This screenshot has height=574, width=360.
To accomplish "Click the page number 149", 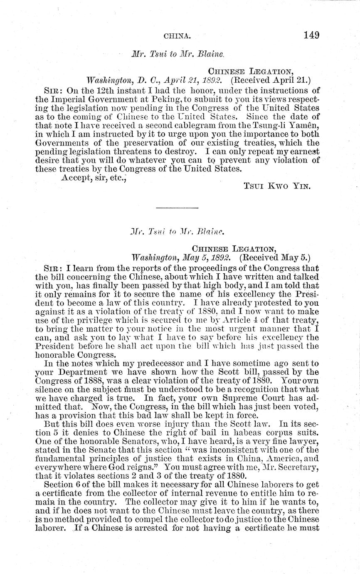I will click(x=311, y=35).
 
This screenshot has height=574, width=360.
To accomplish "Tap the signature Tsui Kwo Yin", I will click(x=277, y=187).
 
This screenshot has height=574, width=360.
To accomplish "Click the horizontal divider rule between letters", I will click(x=177, y=208).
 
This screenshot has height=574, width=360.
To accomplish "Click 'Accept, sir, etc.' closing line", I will click(x=94, y=178).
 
